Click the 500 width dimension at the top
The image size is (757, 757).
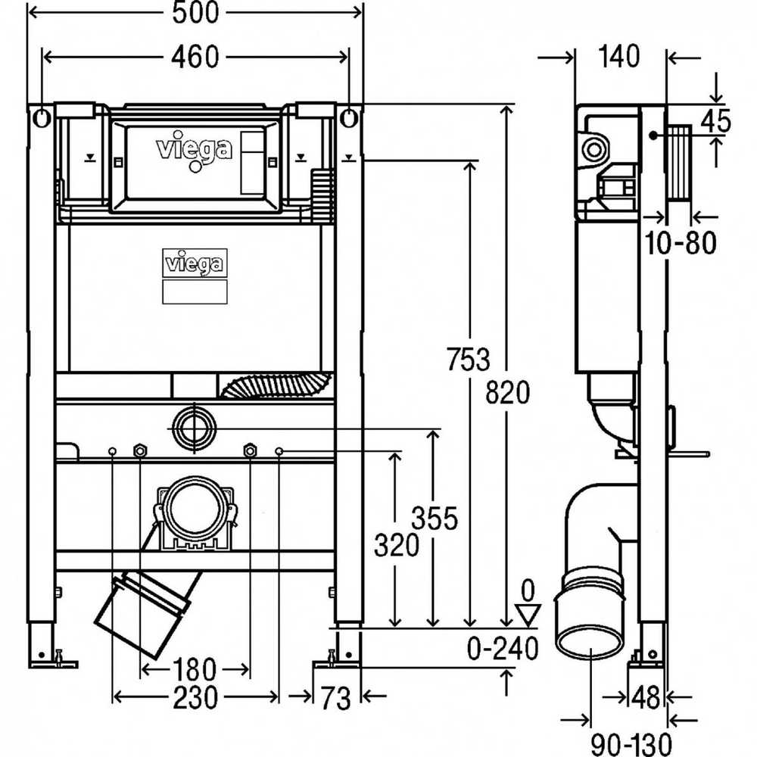(195, 12)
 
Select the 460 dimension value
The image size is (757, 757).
(195, 57)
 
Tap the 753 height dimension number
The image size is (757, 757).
(467, 359)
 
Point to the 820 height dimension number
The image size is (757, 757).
(507, 392)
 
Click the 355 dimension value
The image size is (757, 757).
(435, 519)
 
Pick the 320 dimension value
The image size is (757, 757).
(397, 546)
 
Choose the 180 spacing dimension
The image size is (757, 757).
(195, 670)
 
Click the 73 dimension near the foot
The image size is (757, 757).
(336, 698)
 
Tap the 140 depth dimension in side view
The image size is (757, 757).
(619, 57)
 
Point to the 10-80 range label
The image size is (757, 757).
(681, 242)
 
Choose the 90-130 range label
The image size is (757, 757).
(631, 744)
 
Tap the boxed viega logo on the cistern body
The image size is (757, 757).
(195, 263)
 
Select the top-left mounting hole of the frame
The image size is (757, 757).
(42, 117)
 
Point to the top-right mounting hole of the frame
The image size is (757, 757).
(349, 117)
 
